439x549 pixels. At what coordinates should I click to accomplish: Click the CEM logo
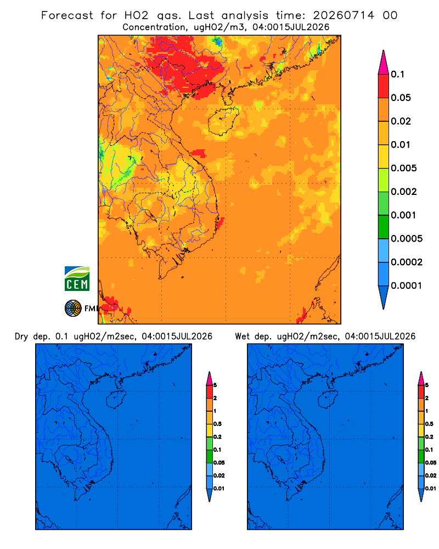pyautogui.click(x=77, y=278)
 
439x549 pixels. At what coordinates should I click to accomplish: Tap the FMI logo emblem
pyautogui.click(x=73, y=308)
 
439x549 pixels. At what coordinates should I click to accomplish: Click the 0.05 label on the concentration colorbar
pyautogui.click(x=401, y=98)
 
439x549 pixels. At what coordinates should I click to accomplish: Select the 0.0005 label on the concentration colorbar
pyautogui.click(x=407, y=239)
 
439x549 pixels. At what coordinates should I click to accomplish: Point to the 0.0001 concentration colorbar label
pyautogui.click(x=407, y=285)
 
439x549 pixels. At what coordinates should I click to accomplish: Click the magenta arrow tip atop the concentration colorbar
pyautogui.click(x=384, y=62)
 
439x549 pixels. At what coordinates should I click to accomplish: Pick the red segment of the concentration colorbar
pyautogui.click(x=384, y=86)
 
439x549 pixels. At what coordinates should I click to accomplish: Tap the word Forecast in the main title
pyautogui.click(x=67, y=15)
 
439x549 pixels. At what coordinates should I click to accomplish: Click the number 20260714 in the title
pyautogui.click(x=344, y=15)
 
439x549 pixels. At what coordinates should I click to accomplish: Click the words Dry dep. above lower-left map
pyautogui.click(x=32, y=337)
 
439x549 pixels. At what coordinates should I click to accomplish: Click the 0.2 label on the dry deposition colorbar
pyautogui.click(x=217, y=437)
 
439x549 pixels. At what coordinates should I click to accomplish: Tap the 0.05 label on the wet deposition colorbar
pyautogui.click(x=431, y=463)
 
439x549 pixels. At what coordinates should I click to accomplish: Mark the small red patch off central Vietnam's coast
pyautogui.click(x=199, y=153)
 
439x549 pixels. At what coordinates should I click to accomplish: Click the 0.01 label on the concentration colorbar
pyautogui.click(x=401, y=144)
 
